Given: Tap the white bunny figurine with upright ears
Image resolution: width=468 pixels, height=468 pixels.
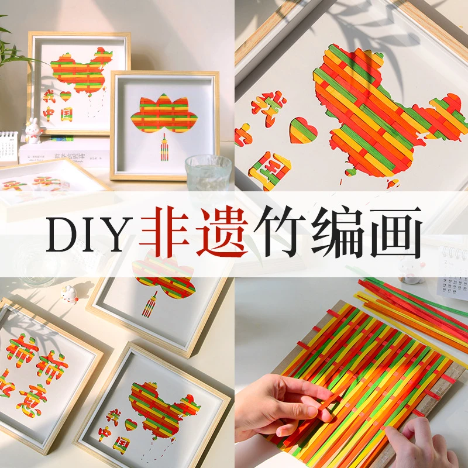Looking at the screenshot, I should pyautogui.click(x=33, y=130).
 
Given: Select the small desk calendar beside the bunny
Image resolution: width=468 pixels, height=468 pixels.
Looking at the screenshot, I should pyautogui.click(x=8, y=146).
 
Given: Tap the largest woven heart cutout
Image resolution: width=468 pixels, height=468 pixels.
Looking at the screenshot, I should pyautogui.click(x=302, y=130).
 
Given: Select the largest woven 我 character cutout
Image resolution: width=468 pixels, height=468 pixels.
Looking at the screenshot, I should pyautogui.click(x=269, y=108).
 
